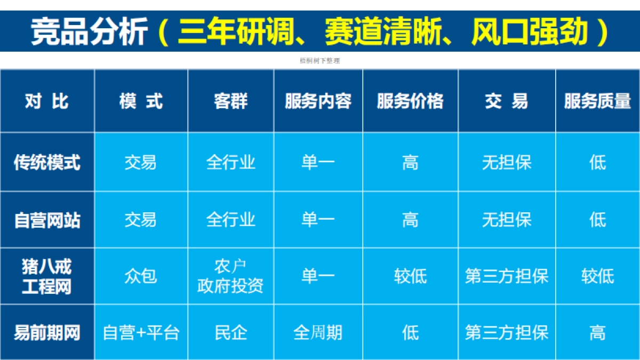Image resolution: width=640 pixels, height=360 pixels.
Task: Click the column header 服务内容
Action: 318,101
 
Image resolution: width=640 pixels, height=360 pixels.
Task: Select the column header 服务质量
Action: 597,101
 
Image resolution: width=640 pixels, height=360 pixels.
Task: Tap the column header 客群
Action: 230,101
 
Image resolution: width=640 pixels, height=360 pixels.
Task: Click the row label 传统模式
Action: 47,162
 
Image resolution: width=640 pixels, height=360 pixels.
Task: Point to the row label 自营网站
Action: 47,220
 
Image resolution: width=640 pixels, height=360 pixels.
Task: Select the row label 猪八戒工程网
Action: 47,276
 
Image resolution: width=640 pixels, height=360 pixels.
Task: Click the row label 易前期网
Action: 47,333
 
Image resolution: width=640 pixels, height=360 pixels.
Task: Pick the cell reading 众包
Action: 141,276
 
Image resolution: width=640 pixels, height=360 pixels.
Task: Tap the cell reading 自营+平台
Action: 141,333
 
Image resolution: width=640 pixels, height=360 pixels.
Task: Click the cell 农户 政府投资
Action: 230,276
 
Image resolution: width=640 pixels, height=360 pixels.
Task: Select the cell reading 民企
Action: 230,333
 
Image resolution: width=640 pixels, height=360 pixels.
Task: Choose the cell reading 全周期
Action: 318,333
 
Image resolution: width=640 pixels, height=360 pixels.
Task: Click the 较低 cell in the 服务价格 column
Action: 410,276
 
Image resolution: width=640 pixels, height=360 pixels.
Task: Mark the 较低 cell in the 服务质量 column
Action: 597,276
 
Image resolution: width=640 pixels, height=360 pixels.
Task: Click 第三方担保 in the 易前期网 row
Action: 507,333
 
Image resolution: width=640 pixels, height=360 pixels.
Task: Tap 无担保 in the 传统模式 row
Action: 507,162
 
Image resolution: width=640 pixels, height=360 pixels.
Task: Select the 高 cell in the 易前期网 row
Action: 597,333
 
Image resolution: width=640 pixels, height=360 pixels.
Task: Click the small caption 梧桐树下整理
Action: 320,61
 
